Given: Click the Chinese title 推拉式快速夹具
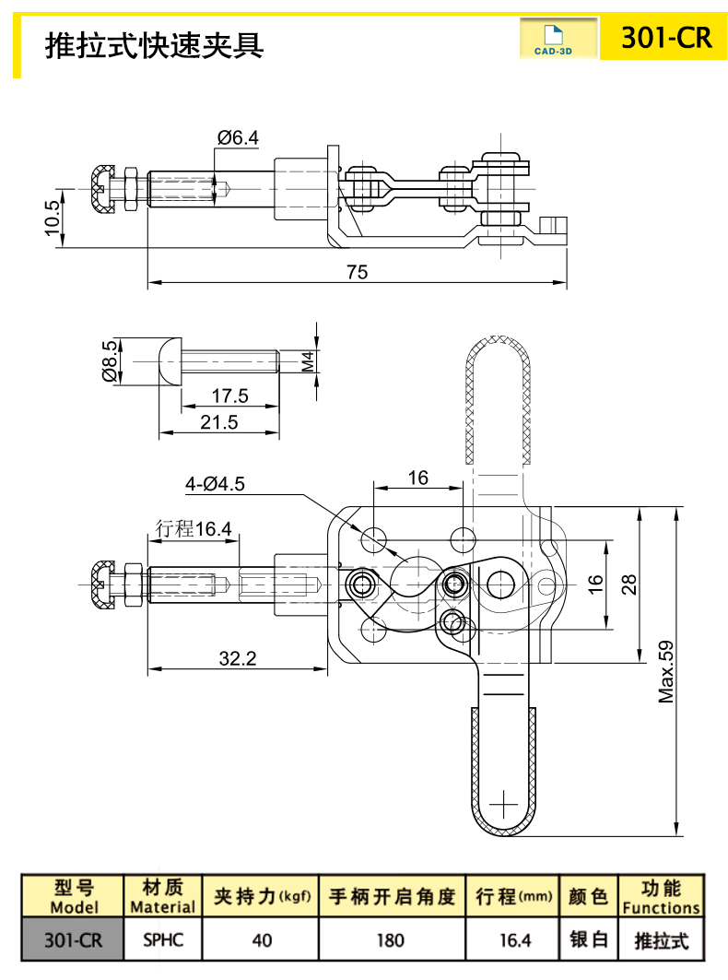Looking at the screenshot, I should click(x=154, y=43).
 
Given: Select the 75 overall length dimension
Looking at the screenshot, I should click(x=357, y=272).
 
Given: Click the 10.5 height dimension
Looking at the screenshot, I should click(x=53, y=217).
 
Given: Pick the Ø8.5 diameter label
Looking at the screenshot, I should click(x=110, y=360).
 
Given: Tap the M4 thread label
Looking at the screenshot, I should click(x=310, y=361).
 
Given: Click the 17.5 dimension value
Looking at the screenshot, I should click(x=229, y=396).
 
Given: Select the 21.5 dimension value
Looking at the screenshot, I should click(x=218, y=422).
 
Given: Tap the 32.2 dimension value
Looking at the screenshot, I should click(x=237, y=658).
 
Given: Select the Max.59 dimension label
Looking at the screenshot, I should click(x=666, y=672).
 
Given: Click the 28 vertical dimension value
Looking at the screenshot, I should click(x=629, y=584).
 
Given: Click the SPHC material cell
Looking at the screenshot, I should click(x=163, y=940).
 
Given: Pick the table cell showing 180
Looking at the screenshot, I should click(x=391, y=940).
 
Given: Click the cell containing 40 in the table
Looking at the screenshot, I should click(x=263, y=940).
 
